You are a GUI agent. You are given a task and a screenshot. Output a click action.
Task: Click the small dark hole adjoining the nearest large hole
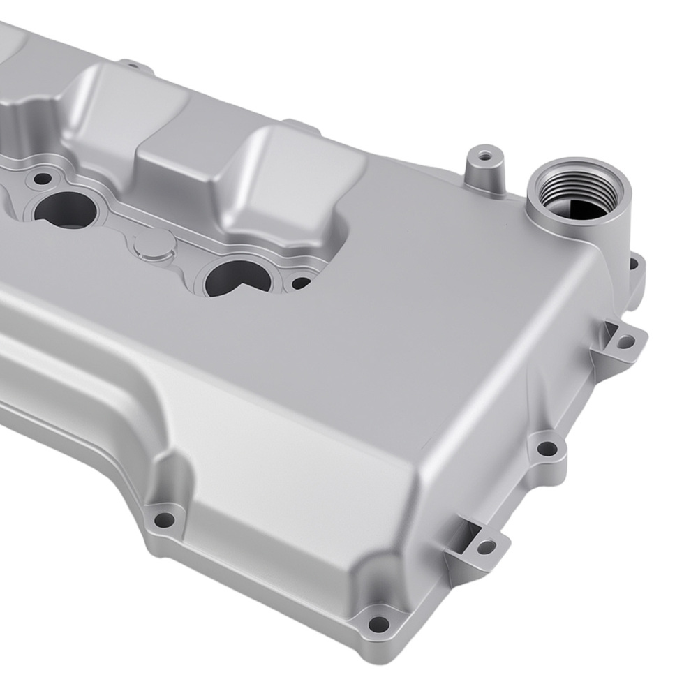click(300, 283)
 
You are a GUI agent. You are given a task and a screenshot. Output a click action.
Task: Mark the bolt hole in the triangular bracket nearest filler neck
click(626, 341)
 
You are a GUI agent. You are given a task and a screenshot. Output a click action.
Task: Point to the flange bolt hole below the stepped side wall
click(164, 519)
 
